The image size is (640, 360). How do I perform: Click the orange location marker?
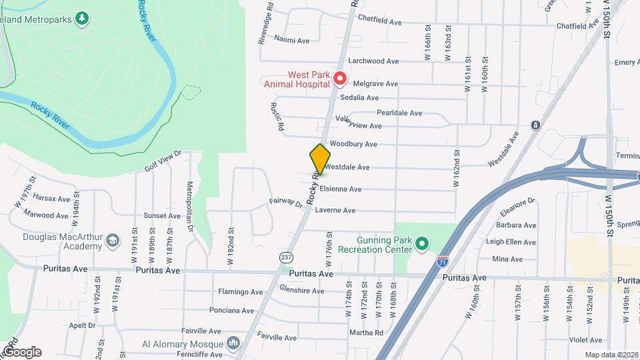[320, 159]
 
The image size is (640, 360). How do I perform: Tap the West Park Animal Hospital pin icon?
[339, 79]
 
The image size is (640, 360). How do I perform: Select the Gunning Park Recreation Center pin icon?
[421, 245]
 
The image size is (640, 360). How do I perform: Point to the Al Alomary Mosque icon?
[233, 343]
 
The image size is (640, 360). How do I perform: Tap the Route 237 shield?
[285, 257]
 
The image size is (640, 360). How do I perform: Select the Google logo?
[21, 351]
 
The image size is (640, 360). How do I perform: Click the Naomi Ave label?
[292, 41]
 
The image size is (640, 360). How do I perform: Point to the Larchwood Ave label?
[377, 61]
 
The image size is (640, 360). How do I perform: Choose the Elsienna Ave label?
[340, 189]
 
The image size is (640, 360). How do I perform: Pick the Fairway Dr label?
[286, 202]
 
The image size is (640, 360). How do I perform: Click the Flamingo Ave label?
[241, 292]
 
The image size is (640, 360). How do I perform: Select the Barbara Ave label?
[521, 225]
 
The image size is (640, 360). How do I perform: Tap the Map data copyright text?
[611, 355]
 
